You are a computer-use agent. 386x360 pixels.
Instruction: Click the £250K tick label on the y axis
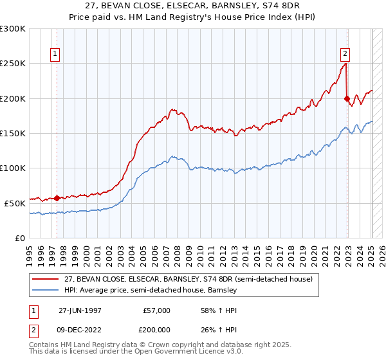(x=13, y=64)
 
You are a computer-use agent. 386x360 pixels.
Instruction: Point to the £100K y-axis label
(x=13, y=168)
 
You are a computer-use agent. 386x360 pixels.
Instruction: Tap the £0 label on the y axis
(x=21, y=238)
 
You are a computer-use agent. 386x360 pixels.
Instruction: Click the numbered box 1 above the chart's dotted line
(x=56, y=54)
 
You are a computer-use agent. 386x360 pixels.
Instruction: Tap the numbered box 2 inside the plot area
(x=345, y=54)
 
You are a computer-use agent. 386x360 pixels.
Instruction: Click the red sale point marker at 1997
(x=57, y=198)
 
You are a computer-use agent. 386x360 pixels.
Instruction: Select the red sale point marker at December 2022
(x=347, y=98)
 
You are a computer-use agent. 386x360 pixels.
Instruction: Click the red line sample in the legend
(x=46, y=279)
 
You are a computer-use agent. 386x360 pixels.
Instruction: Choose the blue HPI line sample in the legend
(x=46, y=290)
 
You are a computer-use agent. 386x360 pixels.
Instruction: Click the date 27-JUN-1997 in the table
(x=79, y=310)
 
